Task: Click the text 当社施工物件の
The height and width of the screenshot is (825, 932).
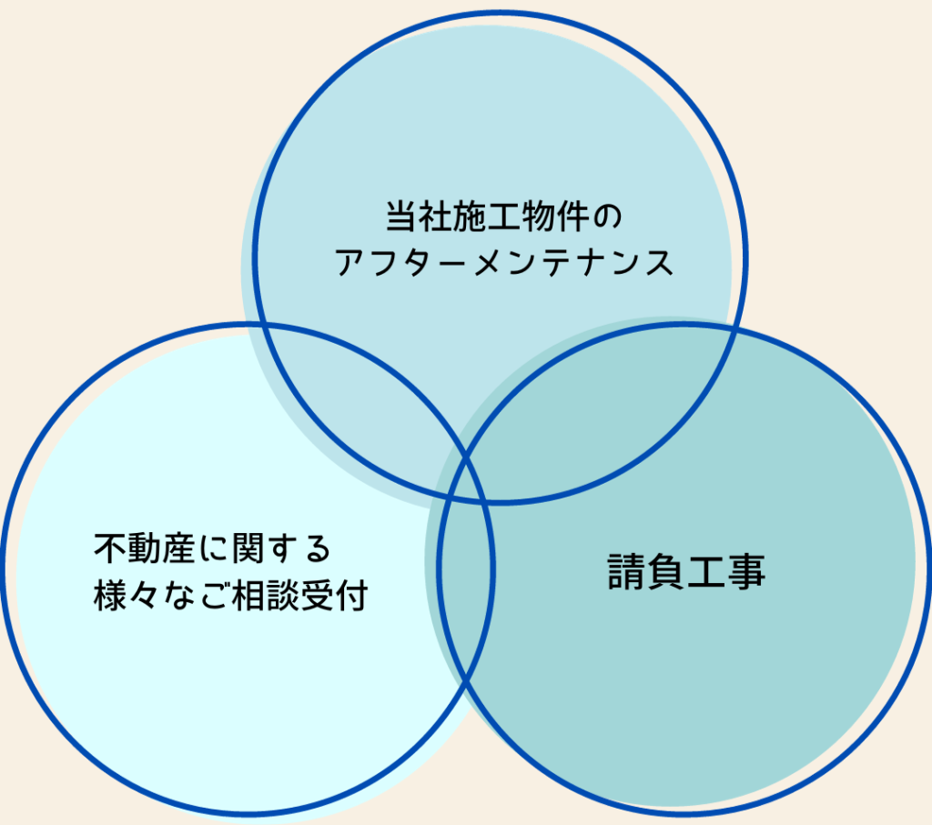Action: pyautogui.click(x=504, y=216)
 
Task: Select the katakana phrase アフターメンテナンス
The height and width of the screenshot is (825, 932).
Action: pyautogui.click(x=504, y=263)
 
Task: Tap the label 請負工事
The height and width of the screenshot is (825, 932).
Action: pyautogui.click(x=686, y=571)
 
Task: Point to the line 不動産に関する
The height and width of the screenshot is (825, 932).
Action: pyautogui.click(x=212, y=548)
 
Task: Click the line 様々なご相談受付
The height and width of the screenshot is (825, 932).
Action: pyautogui.click(x=230, y=595)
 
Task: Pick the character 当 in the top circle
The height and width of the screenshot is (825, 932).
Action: pyautogui.click(x=401, y=216)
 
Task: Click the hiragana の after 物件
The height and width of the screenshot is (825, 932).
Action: pyautogui.click(x=607, y=217)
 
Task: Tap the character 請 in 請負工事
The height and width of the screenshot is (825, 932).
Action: pyautogui.click(x=626, y=571)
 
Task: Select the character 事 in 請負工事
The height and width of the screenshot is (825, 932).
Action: pyautogui.click(x=746, y=571)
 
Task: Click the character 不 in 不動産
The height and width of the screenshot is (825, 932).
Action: pyautogui.click(x=110, y=548)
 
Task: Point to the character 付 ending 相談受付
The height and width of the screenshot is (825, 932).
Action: pyautogui.click(x=352, y=595)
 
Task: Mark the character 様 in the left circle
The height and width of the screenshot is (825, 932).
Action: pyautogui.click(x=110, y=595)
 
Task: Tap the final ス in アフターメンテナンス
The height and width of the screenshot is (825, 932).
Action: pyautogui.click(x=658, y=263)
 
